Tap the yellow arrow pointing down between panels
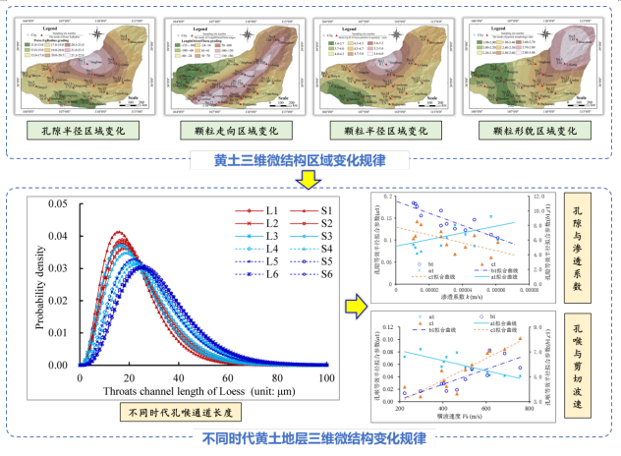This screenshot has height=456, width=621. (307, 176)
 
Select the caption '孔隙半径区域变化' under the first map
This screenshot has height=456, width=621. (73, 130)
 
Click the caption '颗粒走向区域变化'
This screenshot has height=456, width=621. (225, 130)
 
